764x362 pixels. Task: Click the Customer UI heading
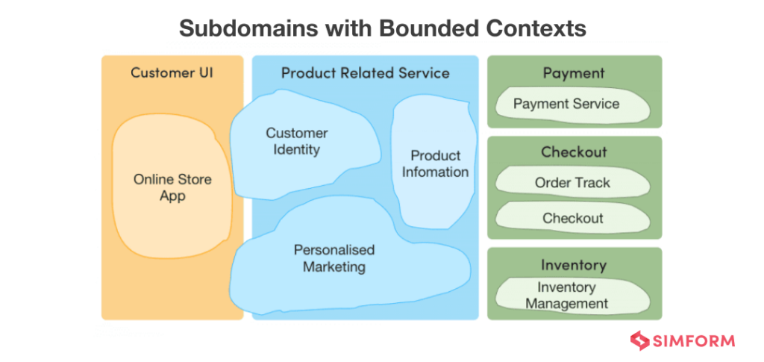click(x=172, y=73)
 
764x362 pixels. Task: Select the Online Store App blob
click(x=172, y=188)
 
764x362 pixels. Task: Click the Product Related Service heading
click(x=365, y=73)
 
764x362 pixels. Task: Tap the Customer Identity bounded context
click(x=297, y=142)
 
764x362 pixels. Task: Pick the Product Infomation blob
click(x=435, y=164)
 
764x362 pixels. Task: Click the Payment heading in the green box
click(x=574, y=73)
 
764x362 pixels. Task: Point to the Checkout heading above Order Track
click(x=574, y=152)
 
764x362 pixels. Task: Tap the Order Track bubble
click(x=572, y=183)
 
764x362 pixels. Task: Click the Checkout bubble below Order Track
click(x=572, y=218)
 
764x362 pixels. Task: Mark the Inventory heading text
click(x=574, y=265)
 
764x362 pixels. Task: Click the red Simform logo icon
click(x=639, y=341)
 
